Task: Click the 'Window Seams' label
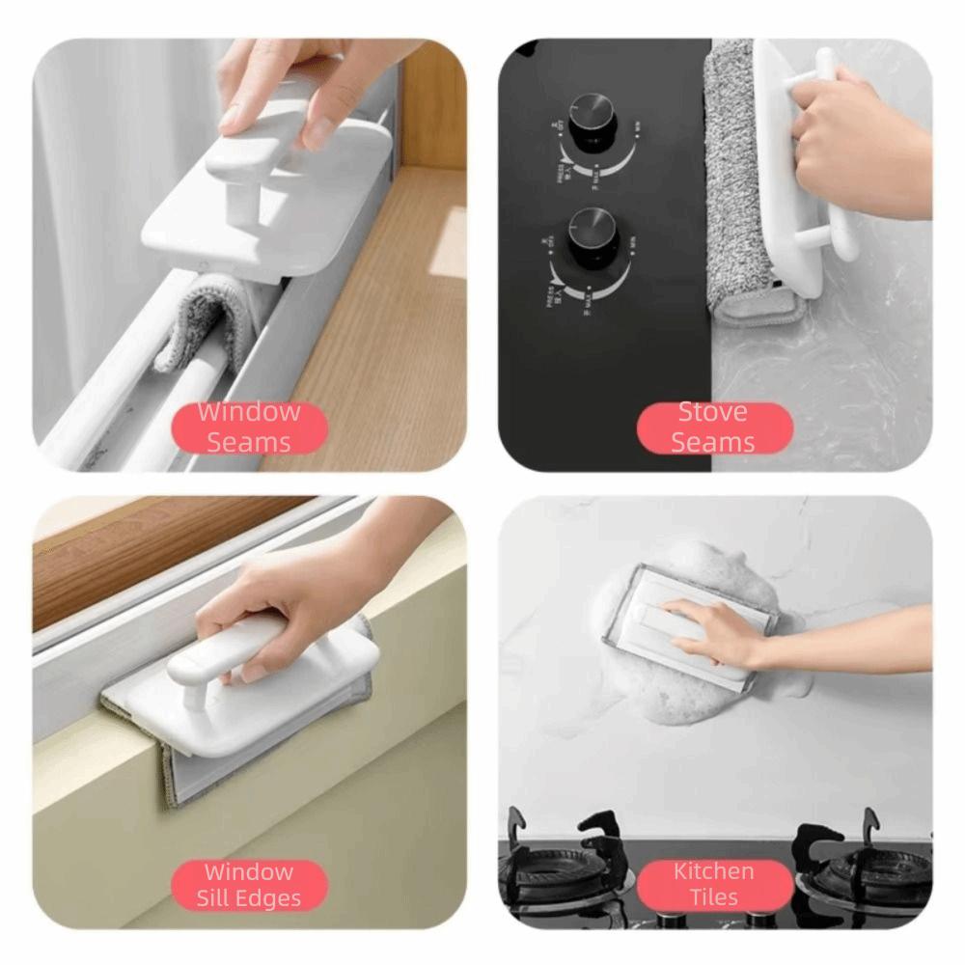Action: tap(249, 427)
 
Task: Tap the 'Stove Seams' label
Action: tap(713, 427)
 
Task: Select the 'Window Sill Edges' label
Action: tap(249, 885)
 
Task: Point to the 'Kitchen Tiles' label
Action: tap(713, 885)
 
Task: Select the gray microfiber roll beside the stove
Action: tap(741, 183)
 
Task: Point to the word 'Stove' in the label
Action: tap(713, 413)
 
